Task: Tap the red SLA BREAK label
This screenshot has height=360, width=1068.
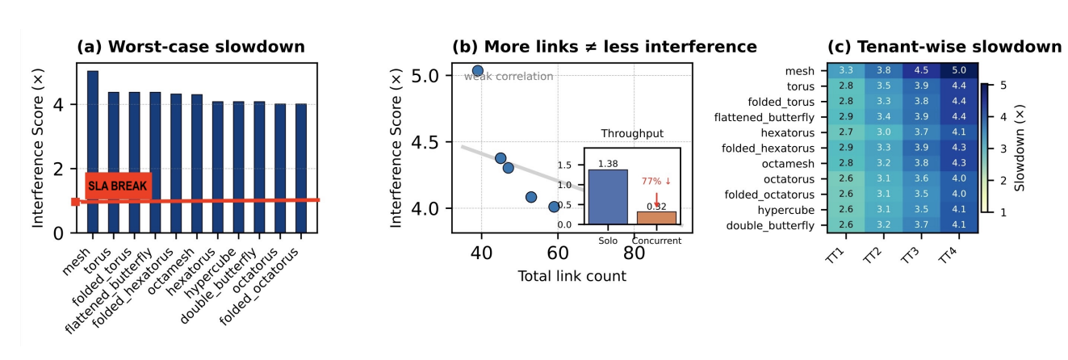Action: tap(118, 186)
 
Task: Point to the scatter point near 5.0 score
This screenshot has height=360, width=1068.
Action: tap(477, 71)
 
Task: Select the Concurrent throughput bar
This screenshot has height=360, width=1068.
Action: tap(656, 218)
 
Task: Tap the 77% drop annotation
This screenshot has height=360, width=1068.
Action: tap(656, 182)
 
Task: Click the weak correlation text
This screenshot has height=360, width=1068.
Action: tap(509, 77)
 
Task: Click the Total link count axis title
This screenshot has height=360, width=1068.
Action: tap(572, 277)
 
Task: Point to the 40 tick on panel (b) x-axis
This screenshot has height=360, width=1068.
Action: tap(483, 253)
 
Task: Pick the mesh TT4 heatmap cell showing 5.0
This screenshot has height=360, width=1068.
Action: tap(959, 71)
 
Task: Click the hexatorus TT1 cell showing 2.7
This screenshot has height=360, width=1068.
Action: tap(846, 133)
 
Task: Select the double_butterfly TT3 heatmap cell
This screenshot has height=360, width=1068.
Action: tap(921, 225)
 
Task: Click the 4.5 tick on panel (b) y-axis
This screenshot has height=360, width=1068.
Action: tap(433, 142)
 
